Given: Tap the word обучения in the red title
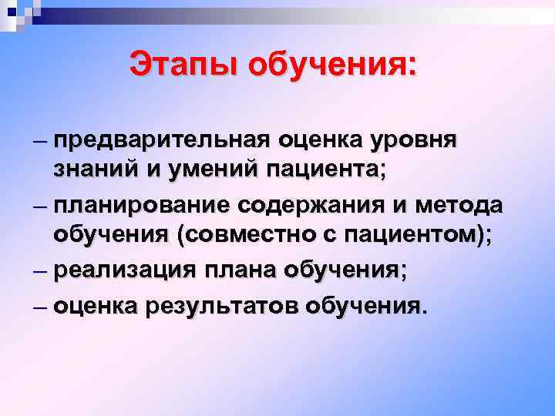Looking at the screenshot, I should tap(333, 65).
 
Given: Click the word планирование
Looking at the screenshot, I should tap(143, 206).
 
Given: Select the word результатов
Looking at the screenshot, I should tap(224, 306).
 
